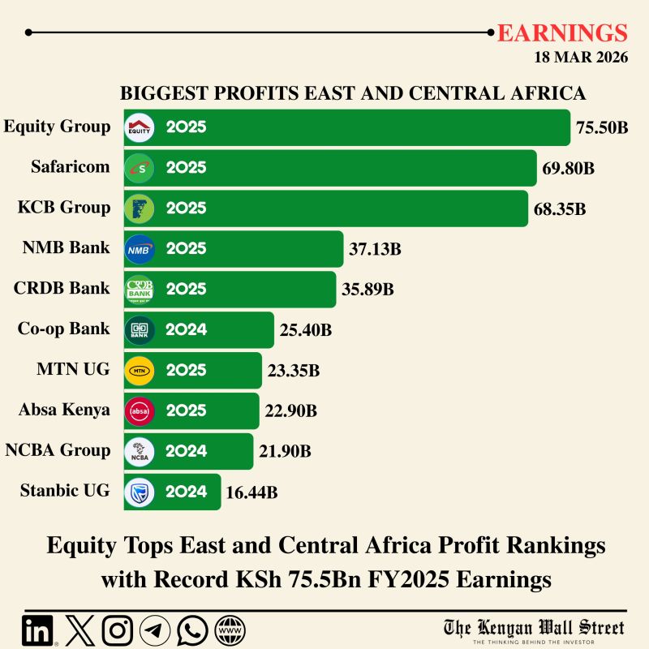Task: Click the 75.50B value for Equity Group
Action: [x=602, y=127]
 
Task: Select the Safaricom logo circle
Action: [x=139, y=168]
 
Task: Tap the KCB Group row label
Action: [x=64, y=208]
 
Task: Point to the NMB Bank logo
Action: [x=139, y=249]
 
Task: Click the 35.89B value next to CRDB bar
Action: [x=367, y=290]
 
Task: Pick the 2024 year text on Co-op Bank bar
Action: [x=186, y=330]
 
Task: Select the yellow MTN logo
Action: [x=139, y=371]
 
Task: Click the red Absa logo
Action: [x=139, y=411]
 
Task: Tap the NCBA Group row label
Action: [x=58, y=450]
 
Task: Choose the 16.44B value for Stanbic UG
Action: [x=251, y=492]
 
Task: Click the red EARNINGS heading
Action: [x=562, y=33]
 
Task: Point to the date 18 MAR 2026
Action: [x=581, y=58]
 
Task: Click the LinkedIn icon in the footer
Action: [x=38, y=630]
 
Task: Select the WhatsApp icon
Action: [x=192, y=630]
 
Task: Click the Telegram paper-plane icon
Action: [x=155, y=630]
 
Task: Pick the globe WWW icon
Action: [x=230, y=630]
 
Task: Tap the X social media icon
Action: [x=79, y=630]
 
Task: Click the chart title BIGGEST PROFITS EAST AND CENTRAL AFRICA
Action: [x=353, y=93]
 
